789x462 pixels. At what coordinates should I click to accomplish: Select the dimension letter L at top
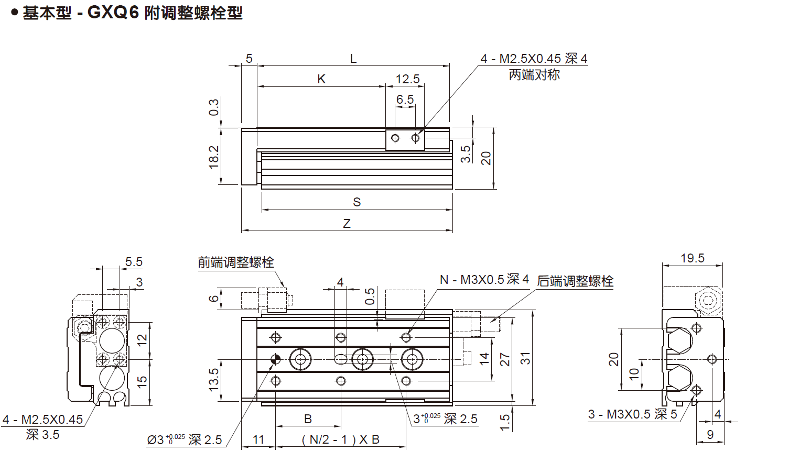pyautogui.click(x=353, y=59)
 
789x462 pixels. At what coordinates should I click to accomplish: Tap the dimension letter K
pyautogui.click(x=321, y=79)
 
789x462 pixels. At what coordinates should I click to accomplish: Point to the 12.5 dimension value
pyautogui.click(x=407, y=79)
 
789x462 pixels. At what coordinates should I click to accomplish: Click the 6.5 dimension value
pyautogui.click(x=405, y=100)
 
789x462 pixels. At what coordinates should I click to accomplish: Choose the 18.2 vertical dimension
pyautogui.click(x=214, y=157)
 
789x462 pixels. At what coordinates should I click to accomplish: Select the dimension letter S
pyautogui.click(x=357, y=202)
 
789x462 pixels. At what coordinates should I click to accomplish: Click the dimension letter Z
pyautogui.click(x=347, y=224)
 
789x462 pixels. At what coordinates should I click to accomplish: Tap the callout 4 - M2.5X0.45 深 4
pyautogui.click(x=534, y=59)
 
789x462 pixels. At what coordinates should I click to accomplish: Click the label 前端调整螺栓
pyautogui.click(x=236, y=262)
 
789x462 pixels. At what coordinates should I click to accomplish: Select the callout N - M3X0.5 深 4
pyautogui.click(x=484, y=280)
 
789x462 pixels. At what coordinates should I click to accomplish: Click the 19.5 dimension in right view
pyautogui.click(x=692, y=258)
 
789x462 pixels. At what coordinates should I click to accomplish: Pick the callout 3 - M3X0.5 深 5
pyautogui.click(x=632, y=414)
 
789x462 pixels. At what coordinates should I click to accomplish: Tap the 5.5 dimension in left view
pyautogui.click(x=134, y=262)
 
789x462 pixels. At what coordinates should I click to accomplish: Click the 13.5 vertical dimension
pyautogui.click(x=214, y=380)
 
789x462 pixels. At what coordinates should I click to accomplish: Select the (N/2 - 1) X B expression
pyautogui.click(x=341, y=439)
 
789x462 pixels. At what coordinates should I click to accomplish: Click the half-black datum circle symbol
pyautogui.click(x=276, y=359)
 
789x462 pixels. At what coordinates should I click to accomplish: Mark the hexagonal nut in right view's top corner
pyautogui.click(x=709, y=301)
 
